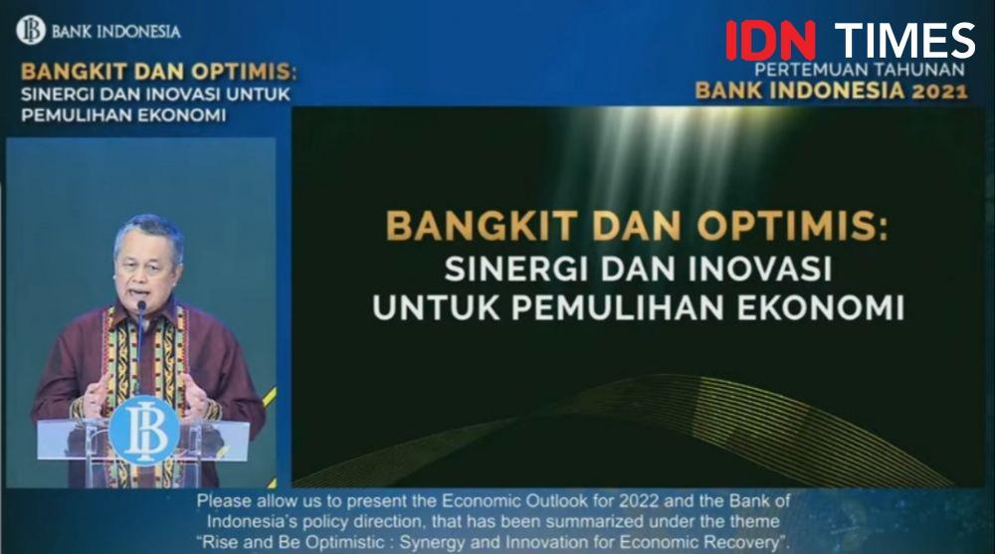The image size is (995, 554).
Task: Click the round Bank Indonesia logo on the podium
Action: click(144, 430)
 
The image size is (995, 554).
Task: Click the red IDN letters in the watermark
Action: click(770, 40)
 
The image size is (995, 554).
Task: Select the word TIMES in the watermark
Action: click(904, 40)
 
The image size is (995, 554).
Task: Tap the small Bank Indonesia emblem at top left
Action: click(31, 30)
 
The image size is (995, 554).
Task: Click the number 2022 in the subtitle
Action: click(640, 501)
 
